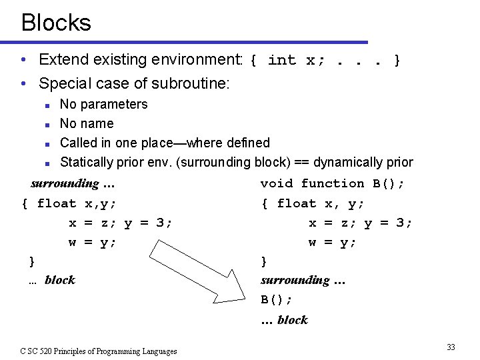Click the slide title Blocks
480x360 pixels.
coord(56,23)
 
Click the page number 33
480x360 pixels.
coord(451,347)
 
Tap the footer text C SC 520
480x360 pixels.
coord(99,351)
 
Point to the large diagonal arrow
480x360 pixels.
coord(197,268)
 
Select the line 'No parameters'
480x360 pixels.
coord(103,104)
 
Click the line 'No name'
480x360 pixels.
coord(87,123)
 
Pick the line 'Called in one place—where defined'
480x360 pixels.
coord(165,143)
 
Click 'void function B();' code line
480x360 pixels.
coord(333,183)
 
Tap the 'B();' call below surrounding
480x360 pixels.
coord(276,299)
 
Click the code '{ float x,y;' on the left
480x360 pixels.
coord(69,203)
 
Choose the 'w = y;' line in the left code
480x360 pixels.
coord(93,243)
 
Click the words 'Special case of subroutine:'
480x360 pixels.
coord(134,83)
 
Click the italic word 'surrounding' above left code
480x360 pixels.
coord(65,183)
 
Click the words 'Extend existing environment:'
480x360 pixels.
coord(141,59)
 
